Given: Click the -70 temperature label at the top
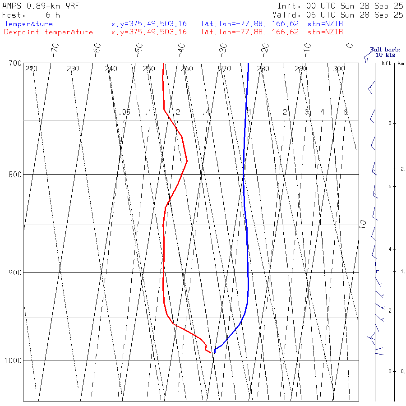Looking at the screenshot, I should point(55,48).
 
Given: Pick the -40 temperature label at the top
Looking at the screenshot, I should point(181,48).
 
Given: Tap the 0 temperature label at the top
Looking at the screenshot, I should point(350,46).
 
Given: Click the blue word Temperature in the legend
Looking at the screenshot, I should point(28,24).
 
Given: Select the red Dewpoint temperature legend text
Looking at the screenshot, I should point(48,32).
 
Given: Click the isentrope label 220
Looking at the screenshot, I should point(31,69).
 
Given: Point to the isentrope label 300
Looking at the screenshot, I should point(339,69).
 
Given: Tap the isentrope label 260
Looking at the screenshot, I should point(187,69).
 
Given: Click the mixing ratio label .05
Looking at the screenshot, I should point(125,112).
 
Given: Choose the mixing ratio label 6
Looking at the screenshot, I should point(345,112).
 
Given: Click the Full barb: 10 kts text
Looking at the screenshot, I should point(382,52).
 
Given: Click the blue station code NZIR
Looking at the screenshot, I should point(325,24).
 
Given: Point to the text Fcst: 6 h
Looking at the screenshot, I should point(31,15).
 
